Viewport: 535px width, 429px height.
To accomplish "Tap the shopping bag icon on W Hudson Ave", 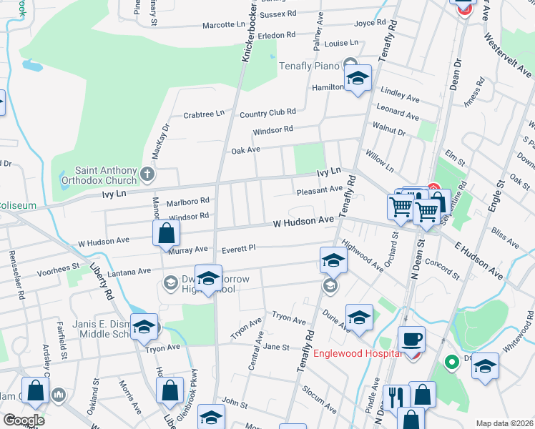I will coord(166,233).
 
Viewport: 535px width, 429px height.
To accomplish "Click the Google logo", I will coord(23,420).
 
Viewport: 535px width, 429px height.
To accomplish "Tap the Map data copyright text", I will coord(505,423).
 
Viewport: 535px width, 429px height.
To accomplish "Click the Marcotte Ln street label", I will coord(224,25).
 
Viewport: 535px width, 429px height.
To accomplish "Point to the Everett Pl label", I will coord(239,250).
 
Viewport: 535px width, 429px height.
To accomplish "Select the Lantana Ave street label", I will coord(129,272).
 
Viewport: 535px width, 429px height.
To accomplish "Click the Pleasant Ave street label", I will coord(319,190).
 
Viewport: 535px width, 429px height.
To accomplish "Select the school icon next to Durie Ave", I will coord(359,317).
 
